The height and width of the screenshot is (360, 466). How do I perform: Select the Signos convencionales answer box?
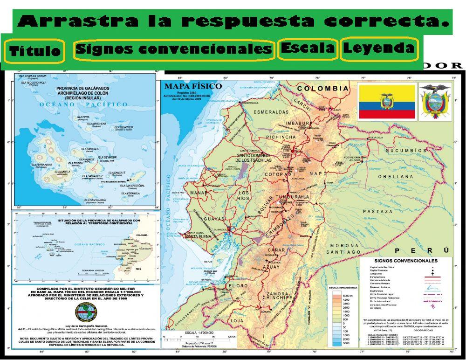(174, 49)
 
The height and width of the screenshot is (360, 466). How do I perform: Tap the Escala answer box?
(308, 48)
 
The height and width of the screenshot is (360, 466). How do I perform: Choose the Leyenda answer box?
(379, 48)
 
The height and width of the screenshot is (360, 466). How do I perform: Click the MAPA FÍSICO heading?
(186, 86)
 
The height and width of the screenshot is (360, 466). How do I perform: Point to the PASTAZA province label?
(378, 211)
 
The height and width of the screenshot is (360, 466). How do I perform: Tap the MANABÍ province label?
(199, 193)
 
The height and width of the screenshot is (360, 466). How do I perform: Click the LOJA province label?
(237, 321)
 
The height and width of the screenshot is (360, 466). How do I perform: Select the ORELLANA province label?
(395, 177)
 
